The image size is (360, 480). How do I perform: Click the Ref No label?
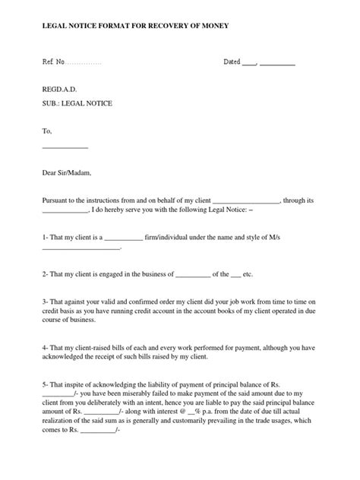[54, 62]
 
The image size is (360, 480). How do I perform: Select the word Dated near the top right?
[231, 62]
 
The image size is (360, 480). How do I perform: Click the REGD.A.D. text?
[59, 89]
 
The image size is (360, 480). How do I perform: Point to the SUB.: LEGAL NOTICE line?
[77, 103]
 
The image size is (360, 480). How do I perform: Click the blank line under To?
[65, 146]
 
